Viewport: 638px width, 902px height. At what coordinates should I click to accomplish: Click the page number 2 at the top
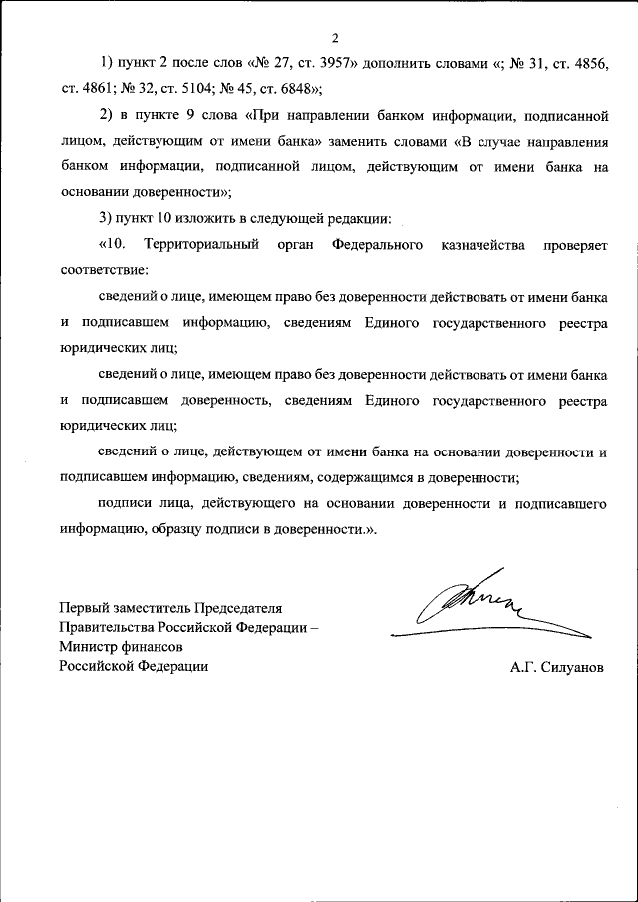(335, 39)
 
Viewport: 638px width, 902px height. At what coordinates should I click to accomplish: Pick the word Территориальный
(202, 245)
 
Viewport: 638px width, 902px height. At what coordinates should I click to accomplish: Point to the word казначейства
(484, 245)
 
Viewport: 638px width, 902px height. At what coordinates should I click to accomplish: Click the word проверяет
(575, 245)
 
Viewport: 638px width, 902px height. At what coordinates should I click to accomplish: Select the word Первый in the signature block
(83, 607)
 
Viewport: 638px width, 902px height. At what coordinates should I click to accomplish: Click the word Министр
(87, 647)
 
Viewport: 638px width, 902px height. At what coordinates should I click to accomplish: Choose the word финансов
(151, 647)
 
